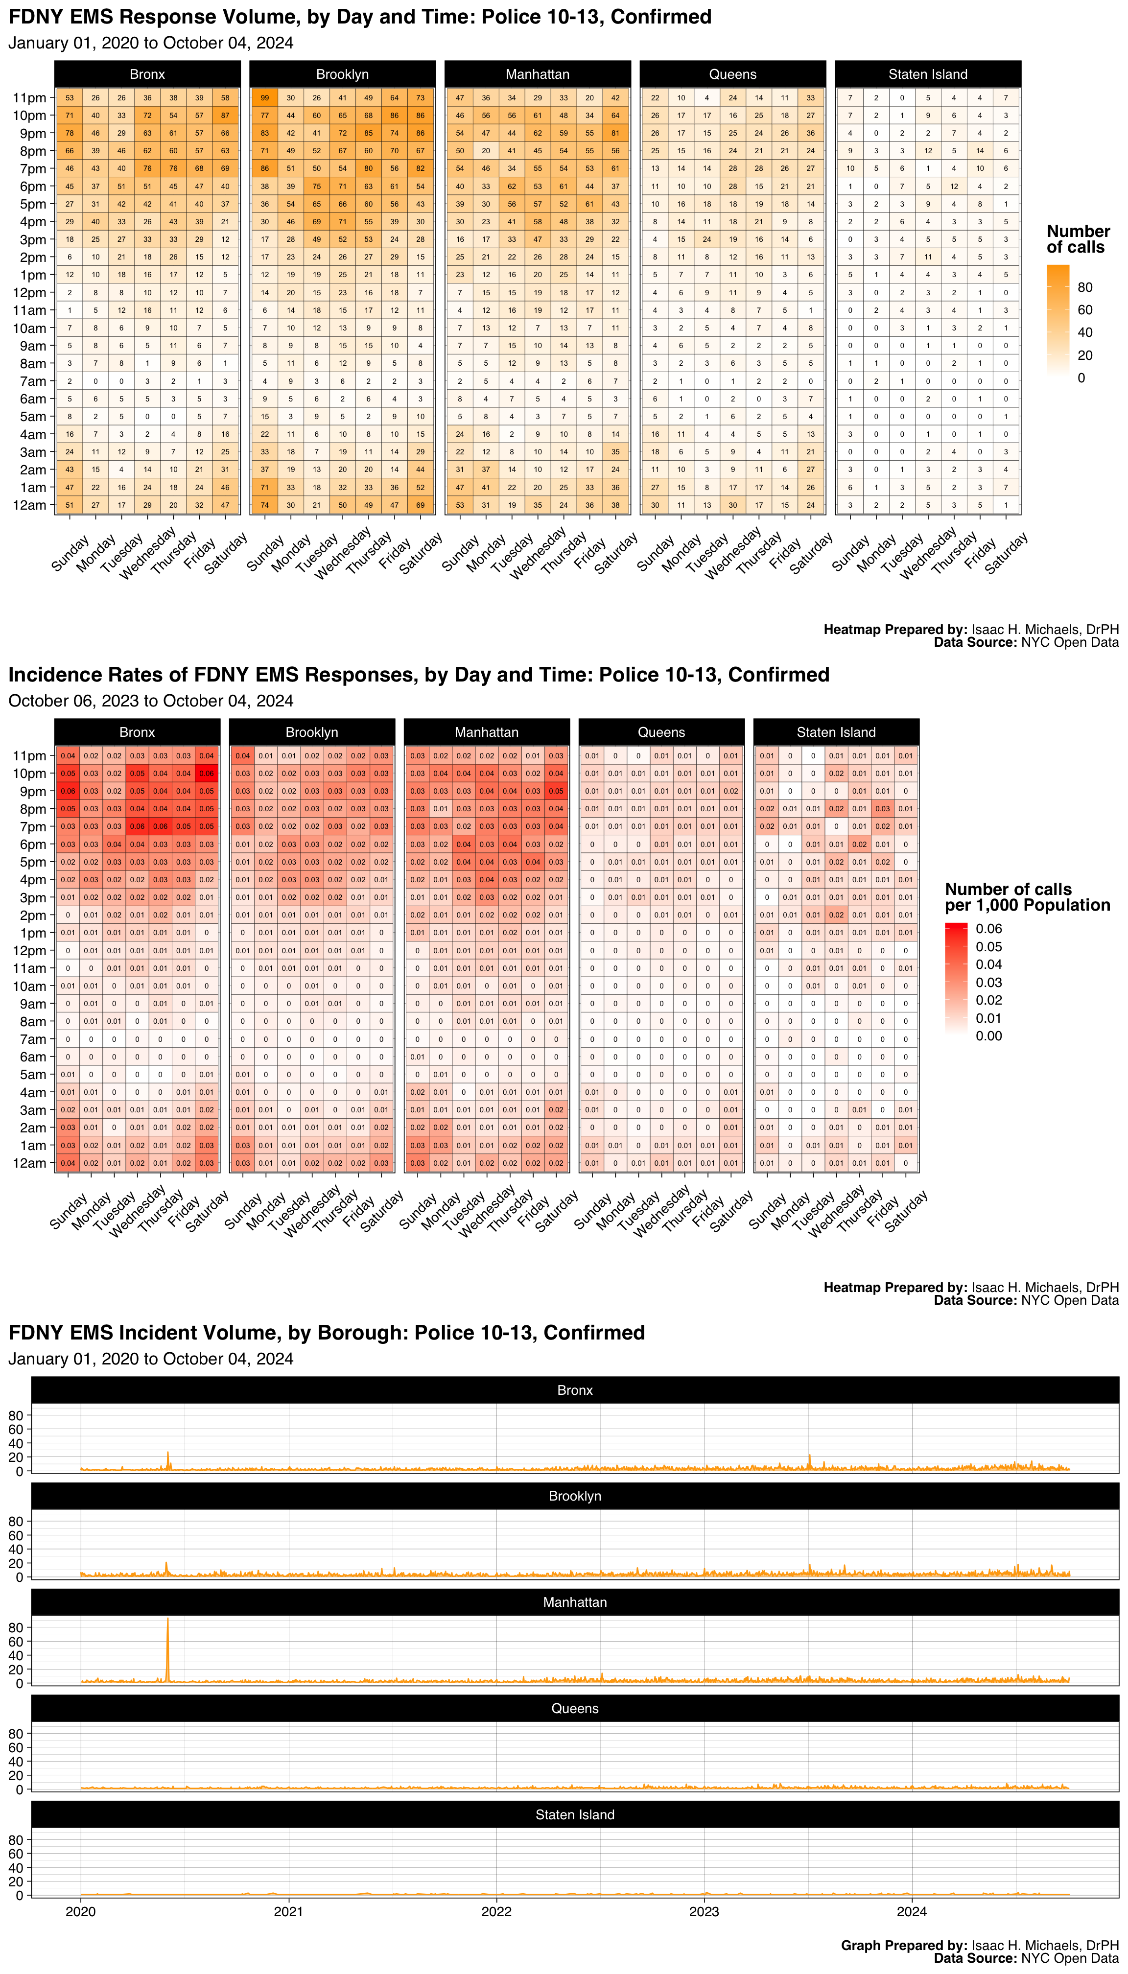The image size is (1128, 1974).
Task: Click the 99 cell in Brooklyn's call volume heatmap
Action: point(265,97)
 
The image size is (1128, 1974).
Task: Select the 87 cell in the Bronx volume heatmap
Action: point(225,116)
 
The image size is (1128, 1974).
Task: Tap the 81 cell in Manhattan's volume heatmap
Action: point(615,133)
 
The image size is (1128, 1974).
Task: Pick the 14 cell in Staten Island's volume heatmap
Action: point(980,151)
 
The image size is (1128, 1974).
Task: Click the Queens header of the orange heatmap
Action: point(732,74)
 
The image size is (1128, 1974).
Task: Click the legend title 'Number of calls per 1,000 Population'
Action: point(1027,897)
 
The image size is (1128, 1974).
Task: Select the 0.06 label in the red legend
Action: point(988,929)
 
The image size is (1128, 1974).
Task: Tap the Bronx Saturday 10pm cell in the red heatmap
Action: point(207,773)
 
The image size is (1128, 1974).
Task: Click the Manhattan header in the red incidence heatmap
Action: point(487,732)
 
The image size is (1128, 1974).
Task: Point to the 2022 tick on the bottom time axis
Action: point(496,1911)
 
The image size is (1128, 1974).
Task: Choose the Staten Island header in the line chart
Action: point(575,1814)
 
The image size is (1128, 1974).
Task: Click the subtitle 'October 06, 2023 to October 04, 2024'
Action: point(151,701)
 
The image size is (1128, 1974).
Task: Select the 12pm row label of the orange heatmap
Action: point(29,293)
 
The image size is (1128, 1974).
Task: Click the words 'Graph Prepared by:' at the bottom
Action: point(903,1945)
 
